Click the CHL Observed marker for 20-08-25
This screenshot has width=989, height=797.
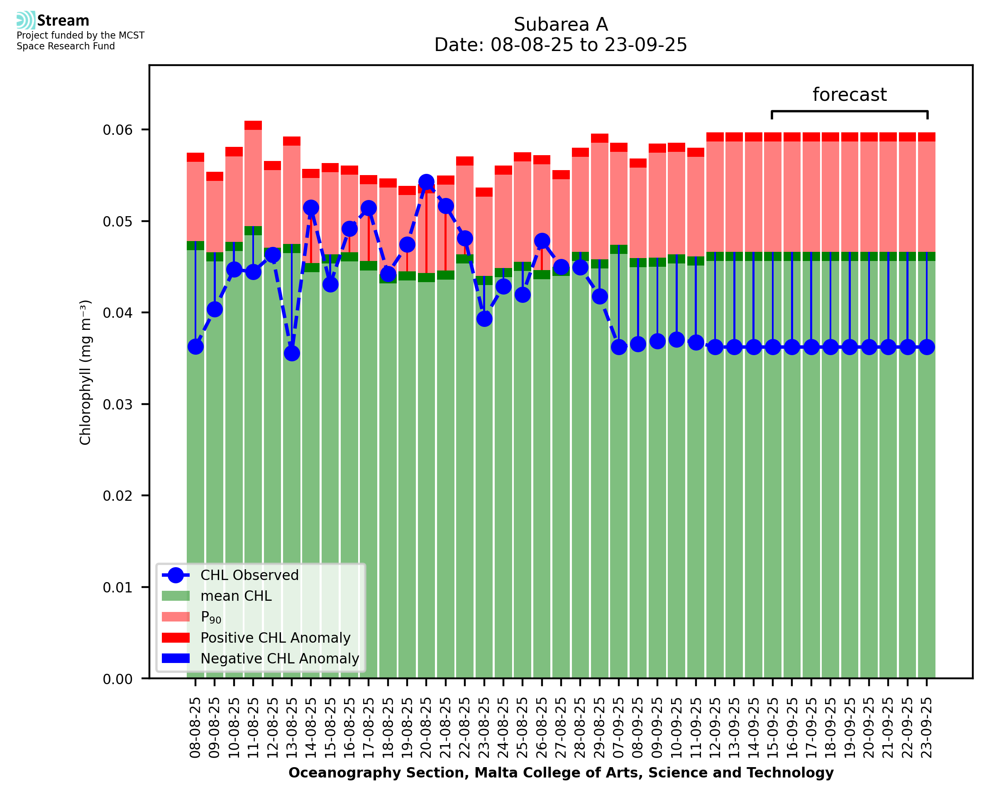click(426, 182)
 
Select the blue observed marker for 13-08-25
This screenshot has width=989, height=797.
click(292, 353)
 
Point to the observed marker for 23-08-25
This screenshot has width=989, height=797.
click(484, 319)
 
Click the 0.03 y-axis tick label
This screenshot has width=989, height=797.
click(117, 405)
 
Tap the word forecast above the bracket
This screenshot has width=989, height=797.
click(850, 95)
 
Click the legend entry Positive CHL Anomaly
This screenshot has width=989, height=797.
click(275, 638)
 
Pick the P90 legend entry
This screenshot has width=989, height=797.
click(211, 617)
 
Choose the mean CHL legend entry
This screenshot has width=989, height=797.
click(236, 596)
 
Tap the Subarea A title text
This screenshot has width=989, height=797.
click(561, 24)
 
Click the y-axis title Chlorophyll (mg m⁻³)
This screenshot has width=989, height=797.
click(85, 372)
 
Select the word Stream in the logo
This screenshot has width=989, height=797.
click(63, 21)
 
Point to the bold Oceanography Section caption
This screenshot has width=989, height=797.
click(561, 773)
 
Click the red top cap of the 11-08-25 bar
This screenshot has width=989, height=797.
click(253, 125)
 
